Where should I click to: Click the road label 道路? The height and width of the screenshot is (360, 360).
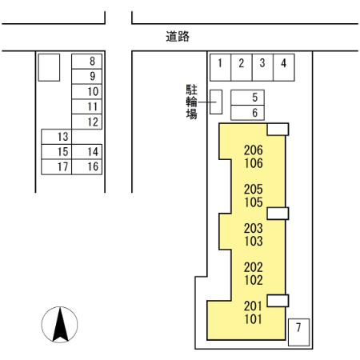178,37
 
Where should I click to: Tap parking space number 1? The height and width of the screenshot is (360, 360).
220,67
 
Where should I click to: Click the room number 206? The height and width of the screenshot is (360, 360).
254,150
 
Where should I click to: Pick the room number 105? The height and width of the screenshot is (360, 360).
254,202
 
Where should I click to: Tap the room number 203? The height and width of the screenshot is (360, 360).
254,228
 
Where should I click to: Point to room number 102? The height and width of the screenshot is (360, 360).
254,280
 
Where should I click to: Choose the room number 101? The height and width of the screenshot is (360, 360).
254,319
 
